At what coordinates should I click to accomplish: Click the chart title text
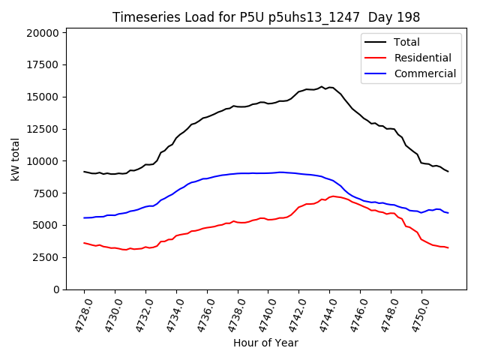tap(265, 17)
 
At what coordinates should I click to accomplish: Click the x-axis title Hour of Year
tap(265, 343)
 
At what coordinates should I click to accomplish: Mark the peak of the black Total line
tap(322, 86)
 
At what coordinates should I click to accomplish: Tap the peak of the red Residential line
tap(332, 196)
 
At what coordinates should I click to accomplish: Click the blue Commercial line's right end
tap(448, 213)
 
